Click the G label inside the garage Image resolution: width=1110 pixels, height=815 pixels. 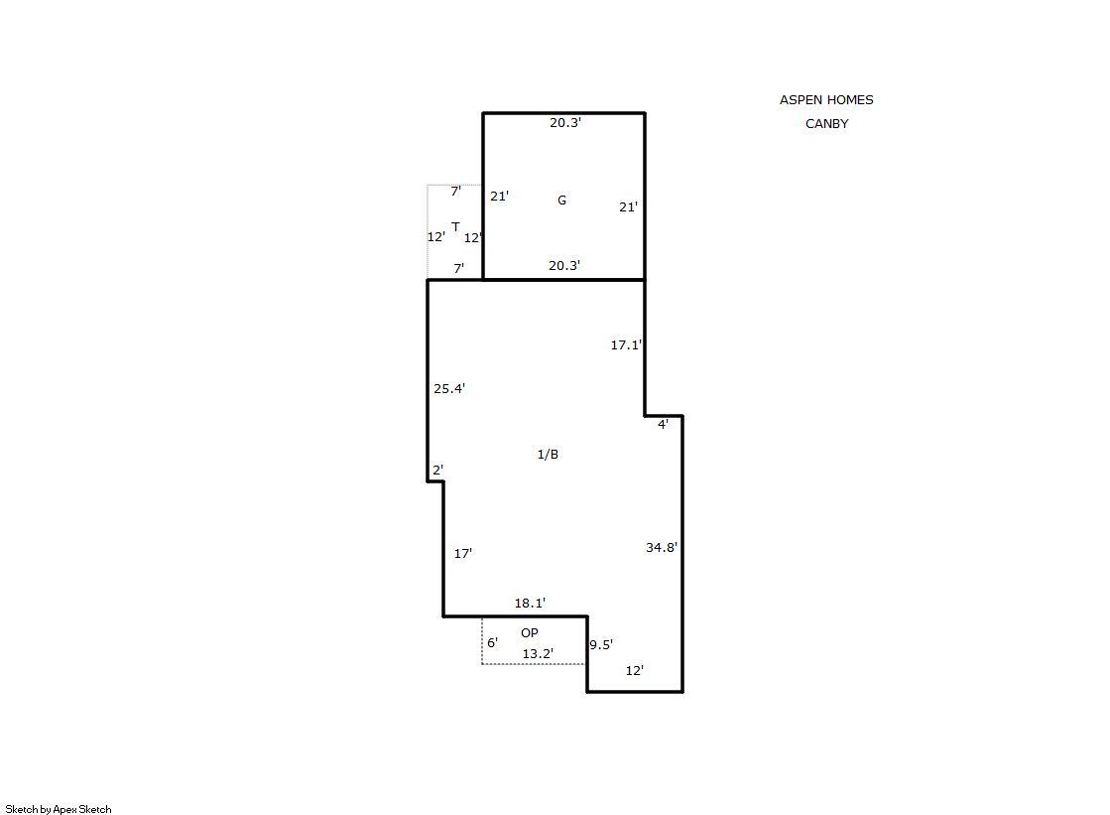561,200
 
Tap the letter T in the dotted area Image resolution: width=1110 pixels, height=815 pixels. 455,226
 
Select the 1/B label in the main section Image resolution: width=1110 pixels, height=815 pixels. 548,455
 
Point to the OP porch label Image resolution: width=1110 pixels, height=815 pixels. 530,633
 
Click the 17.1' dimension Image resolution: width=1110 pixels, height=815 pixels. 627,344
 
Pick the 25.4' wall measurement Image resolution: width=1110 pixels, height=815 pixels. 449,388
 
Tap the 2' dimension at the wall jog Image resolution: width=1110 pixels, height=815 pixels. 438,470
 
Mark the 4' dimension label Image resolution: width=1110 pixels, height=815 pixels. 664,425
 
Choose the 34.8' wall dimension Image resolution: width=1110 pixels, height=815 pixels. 662,547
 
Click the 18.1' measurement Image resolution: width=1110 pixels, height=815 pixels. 531,604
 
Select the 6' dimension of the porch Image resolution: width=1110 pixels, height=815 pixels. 493,643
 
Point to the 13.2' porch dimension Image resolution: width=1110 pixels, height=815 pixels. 538,653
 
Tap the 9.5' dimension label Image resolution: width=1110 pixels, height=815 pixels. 601,644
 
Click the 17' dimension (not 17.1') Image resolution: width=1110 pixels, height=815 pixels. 463,554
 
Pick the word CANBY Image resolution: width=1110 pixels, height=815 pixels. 827,123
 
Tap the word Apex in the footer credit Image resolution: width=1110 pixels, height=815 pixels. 65,809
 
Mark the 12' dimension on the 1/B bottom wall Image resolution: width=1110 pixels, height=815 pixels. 635,670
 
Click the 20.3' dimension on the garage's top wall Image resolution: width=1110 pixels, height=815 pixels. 565,123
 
